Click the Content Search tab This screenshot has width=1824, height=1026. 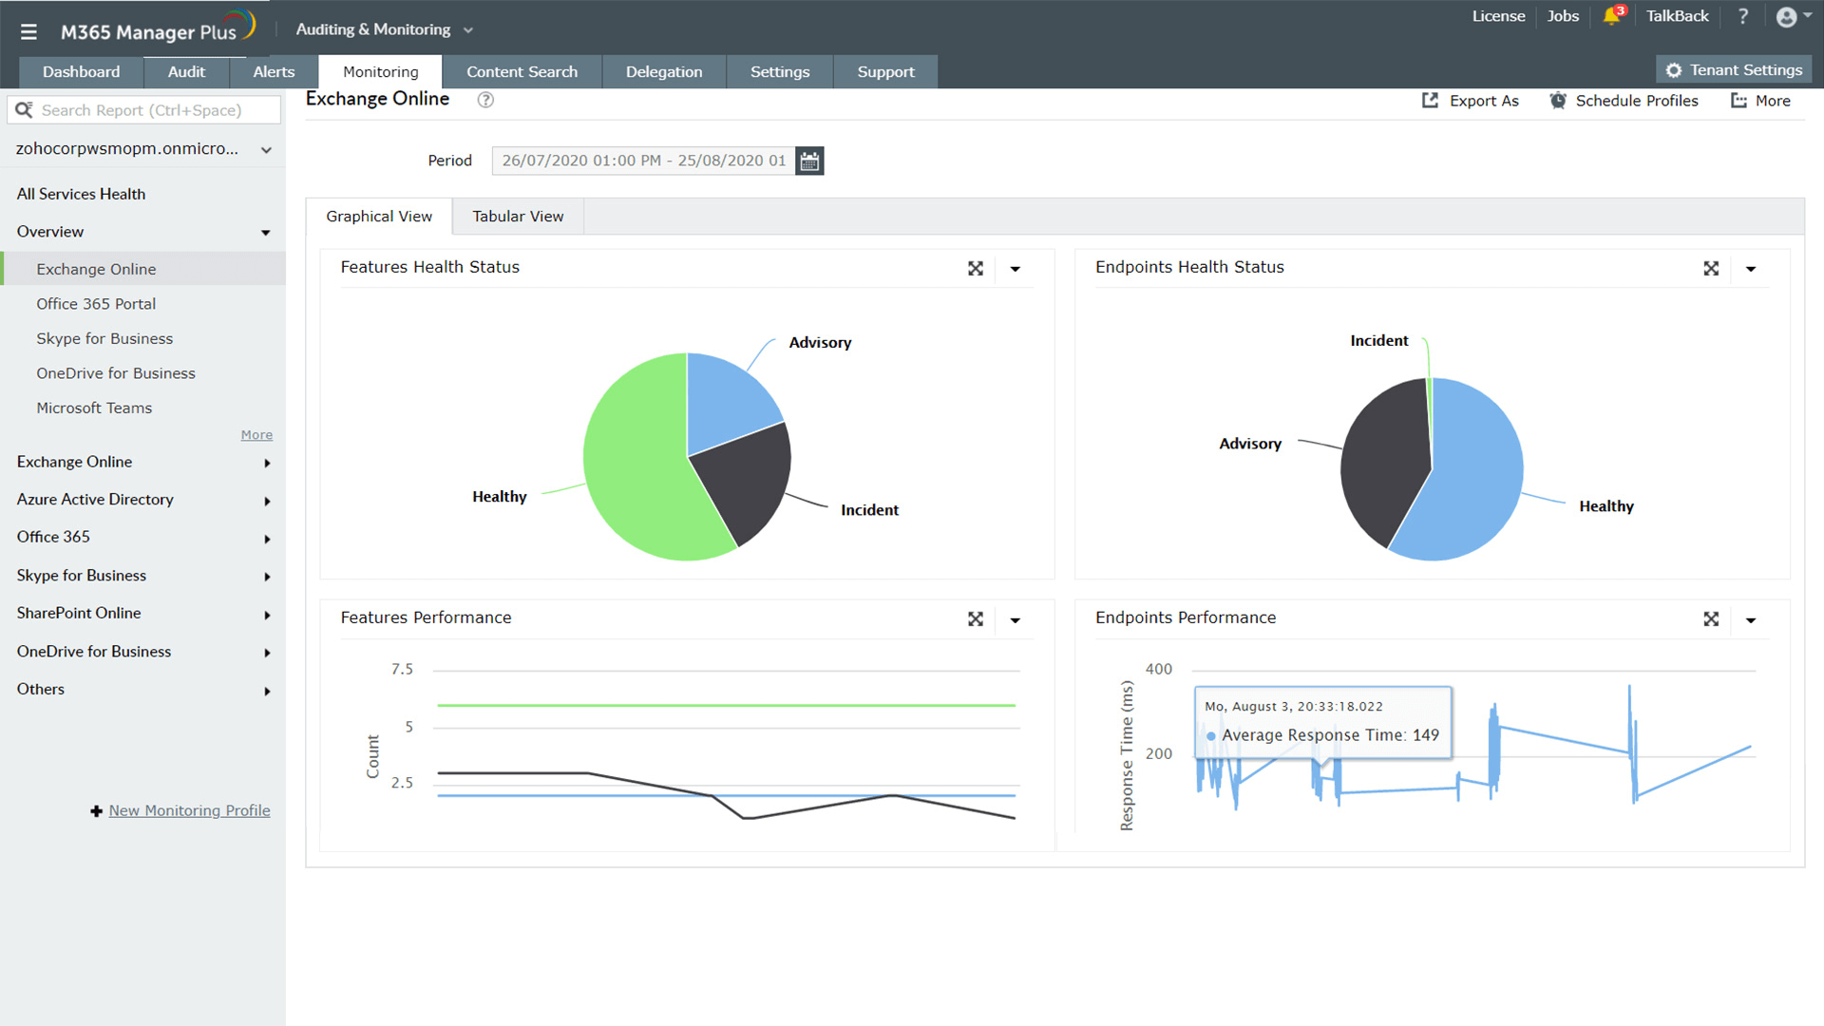click(522, 72)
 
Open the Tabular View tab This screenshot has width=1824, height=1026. click(518, 217)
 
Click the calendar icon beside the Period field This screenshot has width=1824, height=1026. click(809, 161)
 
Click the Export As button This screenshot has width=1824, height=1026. click(1471, 101)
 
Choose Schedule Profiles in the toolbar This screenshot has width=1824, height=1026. click(1624, 101)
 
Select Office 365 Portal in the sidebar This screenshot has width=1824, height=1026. click(96, 304)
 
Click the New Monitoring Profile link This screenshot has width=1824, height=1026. click(189, 810)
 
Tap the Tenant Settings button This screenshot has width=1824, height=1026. click(1735, 70)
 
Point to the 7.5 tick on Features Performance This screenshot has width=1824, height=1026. click(402, 670)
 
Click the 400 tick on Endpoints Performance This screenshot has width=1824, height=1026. click(1158, 670)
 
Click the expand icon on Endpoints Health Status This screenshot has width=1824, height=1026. click(1711, 269)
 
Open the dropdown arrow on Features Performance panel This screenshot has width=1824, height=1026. click(1015, 620)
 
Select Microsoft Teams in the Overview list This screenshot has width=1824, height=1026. click(94, 408)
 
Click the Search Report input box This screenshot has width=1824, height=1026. click(152, 110)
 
